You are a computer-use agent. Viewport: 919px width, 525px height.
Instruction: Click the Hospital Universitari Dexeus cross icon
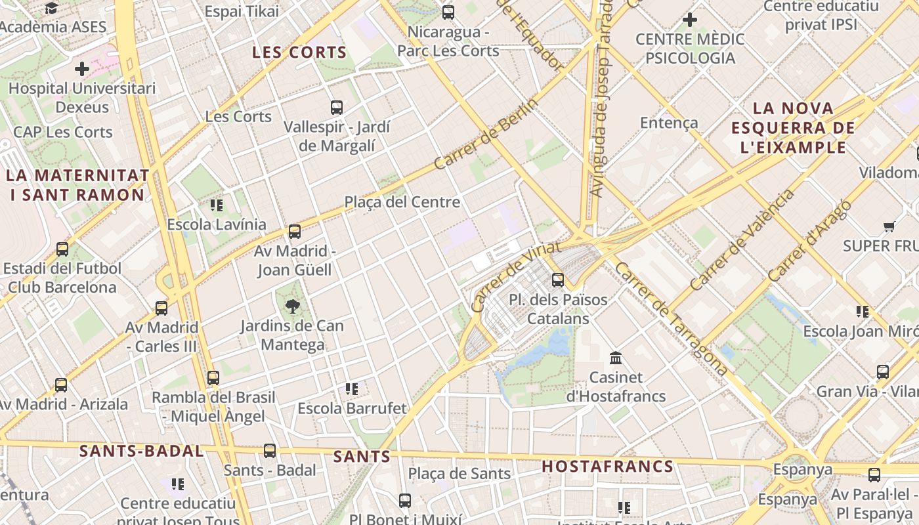82,68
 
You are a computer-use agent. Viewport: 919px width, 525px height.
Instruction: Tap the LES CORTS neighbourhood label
299,52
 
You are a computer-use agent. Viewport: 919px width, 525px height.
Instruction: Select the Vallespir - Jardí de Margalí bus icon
337,107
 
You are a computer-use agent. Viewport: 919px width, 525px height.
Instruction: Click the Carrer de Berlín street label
486,134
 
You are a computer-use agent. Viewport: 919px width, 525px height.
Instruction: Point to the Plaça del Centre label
402,202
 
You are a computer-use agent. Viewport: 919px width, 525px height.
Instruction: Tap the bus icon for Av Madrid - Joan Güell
295,231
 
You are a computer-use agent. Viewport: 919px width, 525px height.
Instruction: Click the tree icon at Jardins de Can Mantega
292,305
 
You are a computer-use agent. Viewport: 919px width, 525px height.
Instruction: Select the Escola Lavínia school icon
217,205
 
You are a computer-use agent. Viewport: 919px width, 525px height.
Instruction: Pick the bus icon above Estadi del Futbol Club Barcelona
62,249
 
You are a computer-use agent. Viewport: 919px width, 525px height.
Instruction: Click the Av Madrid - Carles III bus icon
161,308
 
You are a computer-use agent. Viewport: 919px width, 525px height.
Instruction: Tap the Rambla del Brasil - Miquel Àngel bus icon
213,378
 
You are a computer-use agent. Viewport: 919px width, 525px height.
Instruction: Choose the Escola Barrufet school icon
352,389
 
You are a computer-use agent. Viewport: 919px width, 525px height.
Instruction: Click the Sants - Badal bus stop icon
270,450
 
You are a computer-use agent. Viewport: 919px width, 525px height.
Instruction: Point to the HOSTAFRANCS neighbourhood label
608,467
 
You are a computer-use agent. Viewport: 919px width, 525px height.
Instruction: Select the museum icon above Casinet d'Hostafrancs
616,358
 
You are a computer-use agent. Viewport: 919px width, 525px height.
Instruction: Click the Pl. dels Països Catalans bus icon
558,280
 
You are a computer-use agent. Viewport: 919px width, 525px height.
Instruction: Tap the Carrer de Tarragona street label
671,320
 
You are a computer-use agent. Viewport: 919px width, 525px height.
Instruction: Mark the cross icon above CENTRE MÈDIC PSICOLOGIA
689,20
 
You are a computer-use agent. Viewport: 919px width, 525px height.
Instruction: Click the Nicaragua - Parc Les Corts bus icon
448,12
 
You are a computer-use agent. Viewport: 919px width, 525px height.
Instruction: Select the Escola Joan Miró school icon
863,311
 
